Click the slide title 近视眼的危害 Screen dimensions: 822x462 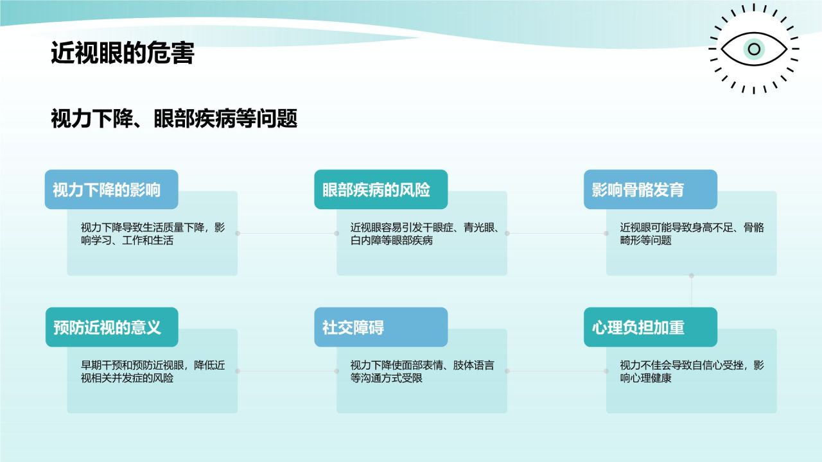pos(123,53)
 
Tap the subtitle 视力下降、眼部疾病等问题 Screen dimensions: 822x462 pos(174,119)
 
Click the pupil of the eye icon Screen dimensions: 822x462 pos(754,49)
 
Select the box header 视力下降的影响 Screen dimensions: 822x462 pos(107,190)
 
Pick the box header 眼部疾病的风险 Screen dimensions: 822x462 pos(376,190)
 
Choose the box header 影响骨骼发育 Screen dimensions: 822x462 pos(638,190)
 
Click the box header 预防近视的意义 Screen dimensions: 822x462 pos(107,327)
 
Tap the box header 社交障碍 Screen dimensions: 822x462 pos(353,327)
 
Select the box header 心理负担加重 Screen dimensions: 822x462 pos(638,327)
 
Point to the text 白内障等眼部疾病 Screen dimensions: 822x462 pos(392,241)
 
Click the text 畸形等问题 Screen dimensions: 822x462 pos(646,241)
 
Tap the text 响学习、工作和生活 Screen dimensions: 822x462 pos(127,241)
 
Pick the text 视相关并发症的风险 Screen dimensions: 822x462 pos(127,378)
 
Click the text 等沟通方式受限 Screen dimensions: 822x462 pos(387,378)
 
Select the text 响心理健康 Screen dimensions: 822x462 pos(646,378)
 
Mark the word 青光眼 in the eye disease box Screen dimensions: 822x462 pos(479,228)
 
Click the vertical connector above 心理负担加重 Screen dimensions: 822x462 pos(692,291)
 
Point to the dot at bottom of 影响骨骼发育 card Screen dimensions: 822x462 pos(692,275)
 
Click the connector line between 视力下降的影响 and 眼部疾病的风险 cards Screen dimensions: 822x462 pos(287,233)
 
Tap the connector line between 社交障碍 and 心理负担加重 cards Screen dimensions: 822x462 pos(557,371)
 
